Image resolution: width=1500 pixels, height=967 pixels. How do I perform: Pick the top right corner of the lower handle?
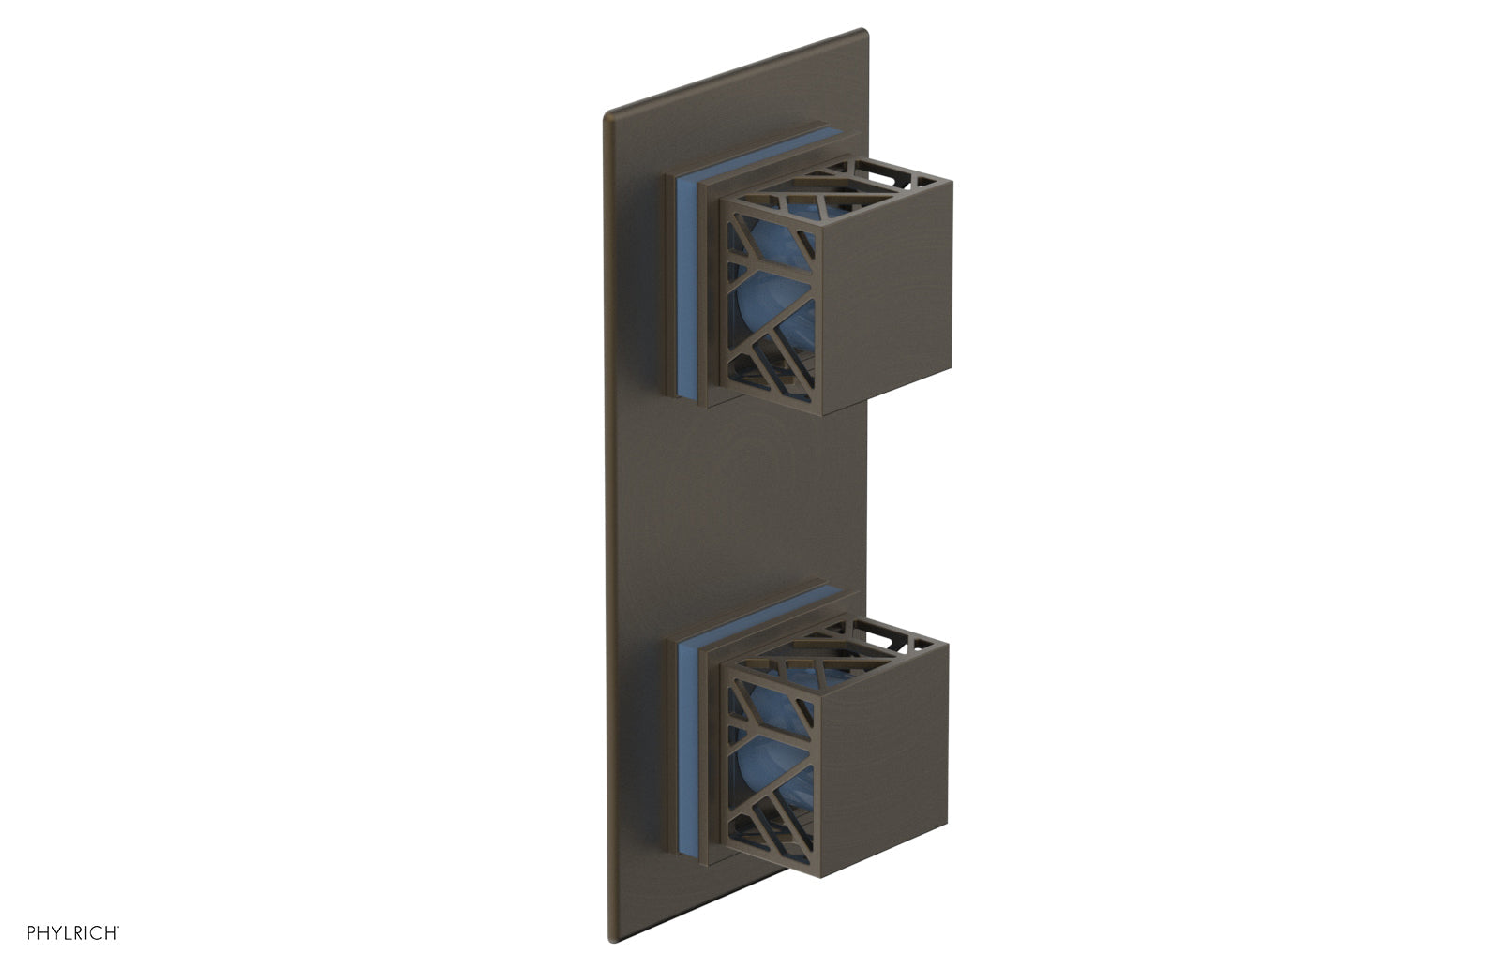click(x=947, y=644)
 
